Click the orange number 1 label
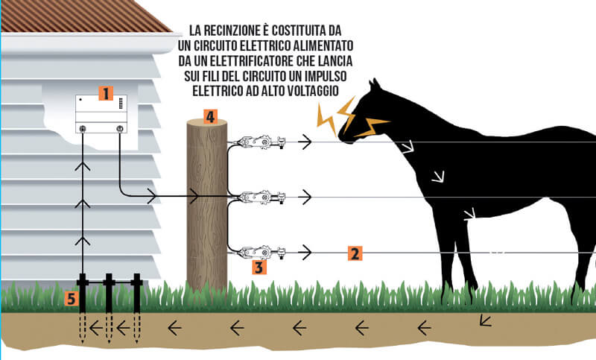(106, 93)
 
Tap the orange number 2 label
(355, 253)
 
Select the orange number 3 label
(259, 268)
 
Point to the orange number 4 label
(210, 117)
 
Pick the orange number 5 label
(71, 299)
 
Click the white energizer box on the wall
(101, 114)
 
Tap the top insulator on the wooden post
(259, 142)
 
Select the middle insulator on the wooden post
(259, 198)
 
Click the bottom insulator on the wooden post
(259, 252)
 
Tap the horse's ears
(374, 83)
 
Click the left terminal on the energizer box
(83, 129)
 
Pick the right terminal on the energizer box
(120, 128)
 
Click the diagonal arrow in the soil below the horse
(486, 320)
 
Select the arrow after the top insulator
(305, 142)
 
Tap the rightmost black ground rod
(137, 293)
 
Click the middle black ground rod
(109, 293)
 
